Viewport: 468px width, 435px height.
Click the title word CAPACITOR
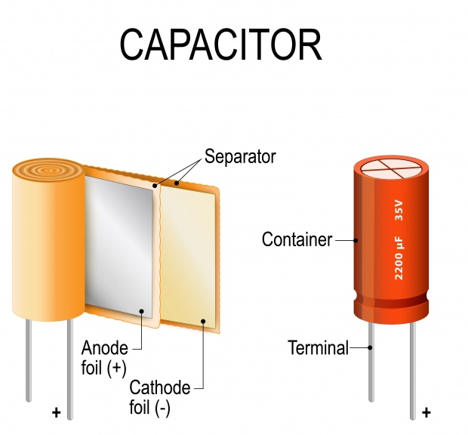[221, 45]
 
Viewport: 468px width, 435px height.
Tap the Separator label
[240, 156]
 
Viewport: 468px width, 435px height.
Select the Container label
[297, 239]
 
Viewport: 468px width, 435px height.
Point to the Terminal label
[319, 347]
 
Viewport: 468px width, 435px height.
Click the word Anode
[105, 348]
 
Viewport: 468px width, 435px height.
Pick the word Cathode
[160, 387]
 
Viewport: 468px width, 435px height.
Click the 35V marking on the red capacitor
[399, 211]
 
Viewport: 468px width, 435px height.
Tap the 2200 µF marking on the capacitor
[399, 258]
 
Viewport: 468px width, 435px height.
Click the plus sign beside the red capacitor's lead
[426, 412]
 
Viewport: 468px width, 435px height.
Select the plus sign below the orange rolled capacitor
[56, 412]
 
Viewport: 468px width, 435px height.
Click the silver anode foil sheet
[119, 246]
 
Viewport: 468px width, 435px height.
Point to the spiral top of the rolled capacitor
[48, 171]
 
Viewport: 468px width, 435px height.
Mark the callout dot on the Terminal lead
[370, 347]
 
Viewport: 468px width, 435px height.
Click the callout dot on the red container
[356, 239]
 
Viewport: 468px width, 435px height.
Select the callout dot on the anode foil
[141, 311]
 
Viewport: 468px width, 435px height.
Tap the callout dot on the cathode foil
[203, 321]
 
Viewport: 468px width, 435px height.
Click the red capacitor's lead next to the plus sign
[413, 370]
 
